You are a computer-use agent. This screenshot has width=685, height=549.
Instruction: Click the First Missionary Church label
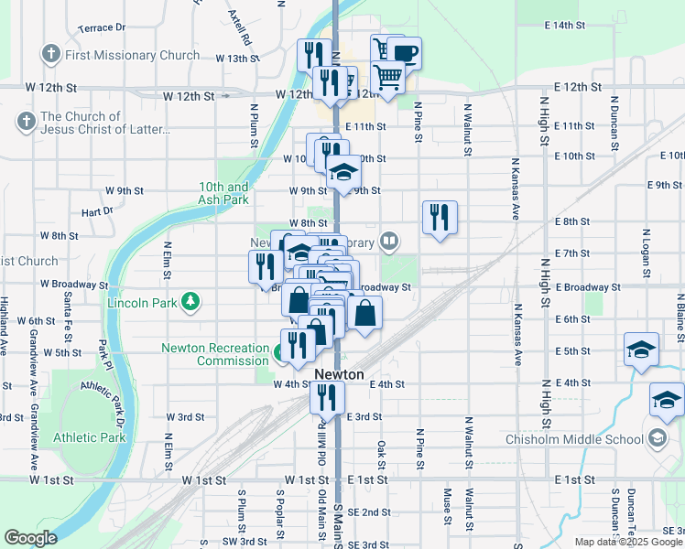132,55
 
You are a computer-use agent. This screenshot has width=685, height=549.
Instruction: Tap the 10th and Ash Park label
223,193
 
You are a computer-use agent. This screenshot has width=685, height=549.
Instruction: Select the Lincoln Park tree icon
190,301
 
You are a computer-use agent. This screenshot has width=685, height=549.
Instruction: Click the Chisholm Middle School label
574,439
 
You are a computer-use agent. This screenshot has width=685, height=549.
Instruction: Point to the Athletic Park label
89,437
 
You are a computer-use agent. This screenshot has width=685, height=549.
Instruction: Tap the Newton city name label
339,375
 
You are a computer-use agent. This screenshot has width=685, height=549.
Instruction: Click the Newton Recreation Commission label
215,354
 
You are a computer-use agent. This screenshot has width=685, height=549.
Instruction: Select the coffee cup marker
404,52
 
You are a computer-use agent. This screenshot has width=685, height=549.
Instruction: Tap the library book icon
390,242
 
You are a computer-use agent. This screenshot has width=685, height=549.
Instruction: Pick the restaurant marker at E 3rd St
326,396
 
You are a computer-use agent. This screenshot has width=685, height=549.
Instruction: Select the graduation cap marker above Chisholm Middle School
667,399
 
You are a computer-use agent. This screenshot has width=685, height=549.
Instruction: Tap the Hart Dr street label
96,211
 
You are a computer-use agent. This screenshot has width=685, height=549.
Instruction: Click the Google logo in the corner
30,538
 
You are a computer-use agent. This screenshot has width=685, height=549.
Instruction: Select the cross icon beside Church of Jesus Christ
26,121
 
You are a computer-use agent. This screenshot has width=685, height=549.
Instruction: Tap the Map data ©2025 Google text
628,542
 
